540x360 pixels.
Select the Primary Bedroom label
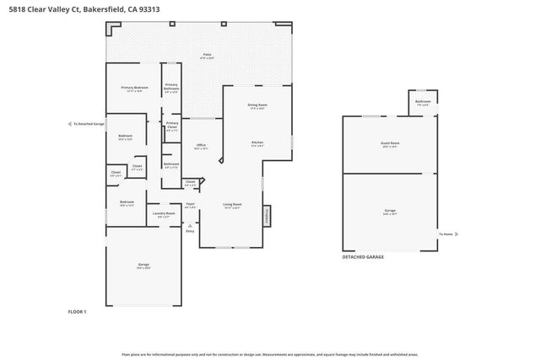click(134, 88)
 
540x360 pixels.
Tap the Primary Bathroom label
click(171, 86)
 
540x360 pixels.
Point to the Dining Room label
click(256, 105)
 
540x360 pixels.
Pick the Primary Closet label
click(172, 125)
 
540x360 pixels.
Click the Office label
click(201, 145)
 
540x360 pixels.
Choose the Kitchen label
click(257, 142)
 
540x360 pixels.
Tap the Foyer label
click(190, 203)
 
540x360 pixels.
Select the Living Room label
click(232, 204)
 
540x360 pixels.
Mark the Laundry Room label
click(164, 213)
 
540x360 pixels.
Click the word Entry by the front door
click(190, 231)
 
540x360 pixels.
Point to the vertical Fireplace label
click(269, 216)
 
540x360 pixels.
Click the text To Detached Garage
click(89, 124)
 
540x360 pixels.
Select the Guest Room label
click(390, 143)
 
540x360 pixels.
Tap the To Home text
click(445, 234)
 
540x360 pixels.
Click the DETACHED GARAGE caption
click(363, 257)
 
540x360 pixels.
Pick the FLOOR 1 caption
click(78, 312)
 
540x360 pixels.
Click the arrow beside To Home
click(457, 234)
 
